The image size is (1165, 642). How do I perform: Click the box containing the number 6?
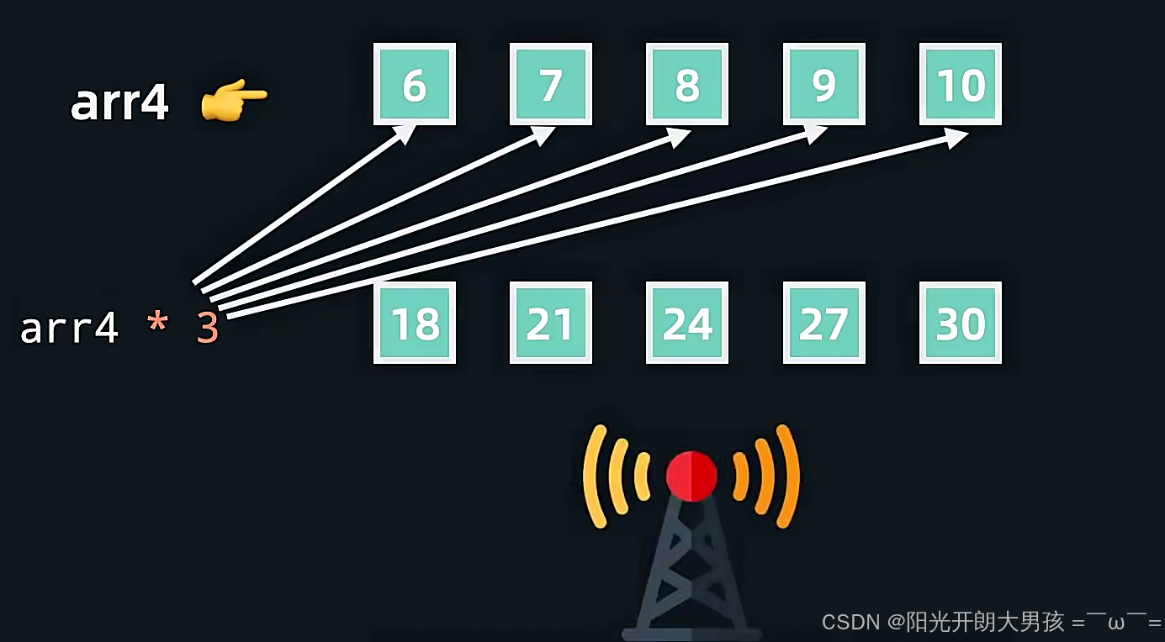pos(415,84)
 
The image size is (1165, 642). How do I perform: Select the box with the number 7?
pos(551,84)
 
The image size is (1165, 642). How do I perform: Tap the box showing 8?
pos(687,84)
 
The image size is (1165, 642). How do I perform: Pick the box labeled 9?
pos(824,84)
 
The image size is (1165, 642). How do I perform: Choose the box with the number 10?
pos(961,84)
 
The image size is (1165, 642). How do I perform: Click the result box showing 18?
pos(415,323)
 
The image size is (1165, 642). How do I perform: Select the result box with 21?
pos(551,323)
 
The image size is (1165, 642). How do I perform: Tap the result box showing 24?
pos(687,323)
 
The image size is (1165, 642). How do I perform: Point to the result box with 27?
pos(824,323)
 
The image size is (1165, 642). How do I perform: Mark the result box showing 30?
pos(961,323)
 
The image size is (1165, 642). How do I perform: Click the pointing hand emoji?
pos(233,103)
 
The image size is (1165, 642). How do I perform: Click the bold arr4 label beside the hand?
pos(119,103)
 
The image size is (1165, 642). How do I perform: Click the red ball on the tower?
pos(691,476)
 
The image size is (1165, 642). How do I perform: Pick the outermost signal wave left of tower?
pos(596,476)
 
